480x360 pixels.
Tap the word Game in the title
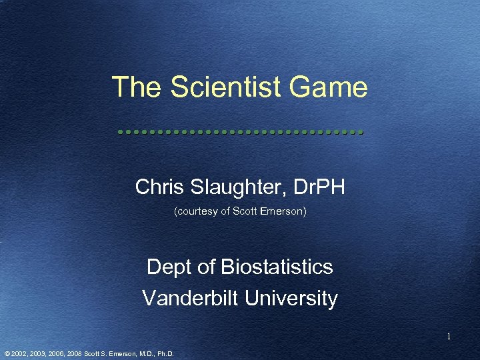tap(333, 87)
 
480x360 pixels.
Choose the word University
tap(291, 298)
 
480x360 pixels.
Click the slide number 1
tap(449, 337)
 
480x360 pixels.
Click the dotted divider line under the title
tap(239, 132)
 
